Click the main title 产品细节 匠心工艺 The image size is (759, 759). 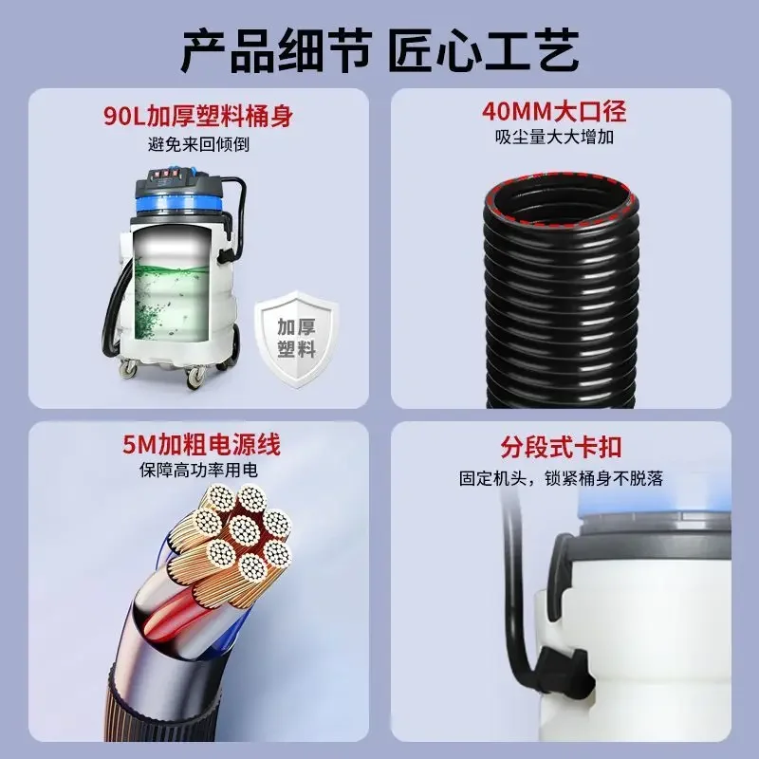379,50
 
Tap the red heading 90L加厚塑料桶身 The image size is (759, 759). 198,116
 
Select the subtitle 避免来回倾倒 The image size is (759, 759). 198,144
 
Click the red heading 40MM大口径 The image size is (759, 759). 554,112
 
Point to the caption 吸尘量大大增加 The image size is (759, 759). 554,137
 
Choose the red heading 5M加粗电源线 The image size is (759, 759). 201,444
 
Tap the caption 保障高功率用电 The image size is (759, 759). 199,470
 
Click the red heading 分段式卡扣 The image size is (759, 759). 561,447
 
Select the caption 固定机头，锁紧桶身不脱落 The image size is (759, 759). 561,478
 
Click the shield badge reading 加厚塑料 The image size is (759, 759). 297,339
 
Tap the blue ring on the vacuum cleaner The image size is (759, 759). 181,205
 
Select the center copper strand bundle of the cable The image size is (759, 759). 244,529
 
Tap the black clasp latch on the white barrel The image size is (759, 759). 567,671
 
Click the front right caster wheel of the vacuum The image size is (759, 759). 195,377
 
